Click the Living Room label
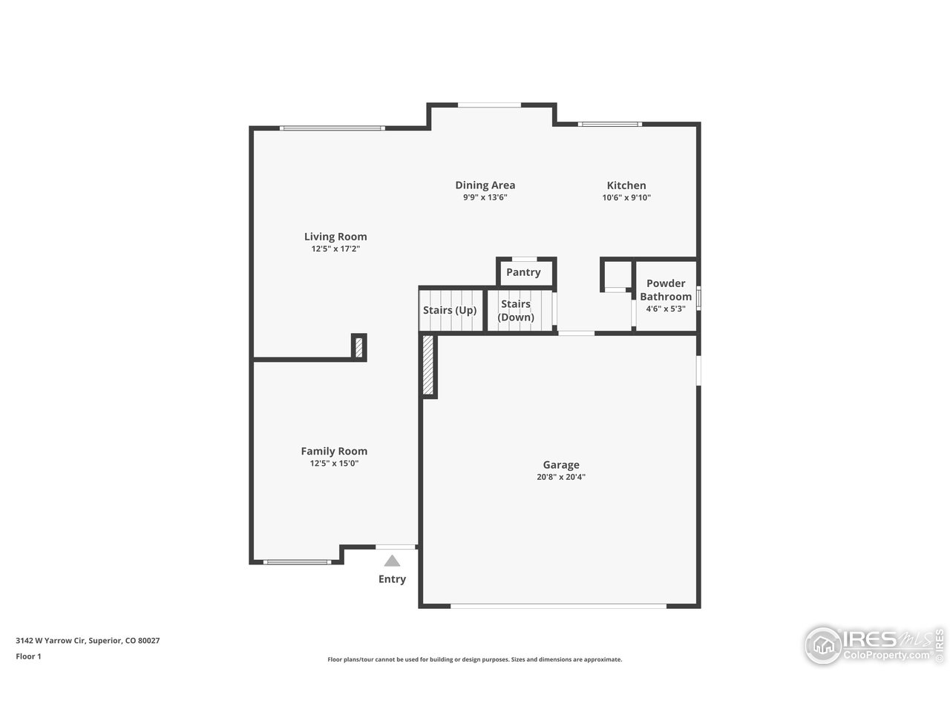pyautogui.click(x=335, y=237)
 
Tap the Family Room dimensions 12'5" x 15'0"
pyautogui.click(x=334, y=464)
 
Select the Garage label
pyautogui.click(x=560, y=465)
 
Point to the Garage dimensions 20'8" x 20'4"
pyautogui.click(x=560, y=477)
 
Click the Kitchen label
pyautogui.click(x=626, y=185)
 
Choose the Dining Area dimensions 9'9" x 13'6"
pyautogui.click(x=485, y=197)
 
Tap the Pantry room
pyautogui.click(x=524, y=272)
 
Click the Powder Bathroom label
pyautogui.click(x=666, y=289)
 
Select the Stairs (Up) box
pyautogui.click(x=450, y=310)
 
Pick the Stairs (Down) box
pyautogui.click(x=517, y=310)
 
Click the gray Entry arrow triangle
pyautogui.click(x=392, y=561)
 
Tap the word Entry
pyautogui.click(x=392, y=579)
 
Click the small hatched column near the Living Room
pyautogui.click(x=358, y=346)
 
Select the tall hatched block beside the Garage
pyautogui.click(x=428, y=366)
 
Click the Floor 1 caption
pyautogui.click(x=28, y=656)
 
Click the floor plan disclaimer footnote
pyautogui.click(x=475, y=659)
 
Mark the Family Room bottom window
pyautogui.click(x=297, y=561)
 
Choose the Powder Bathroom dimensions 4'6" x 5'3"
pyautogui.click(x=665, y=309)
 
